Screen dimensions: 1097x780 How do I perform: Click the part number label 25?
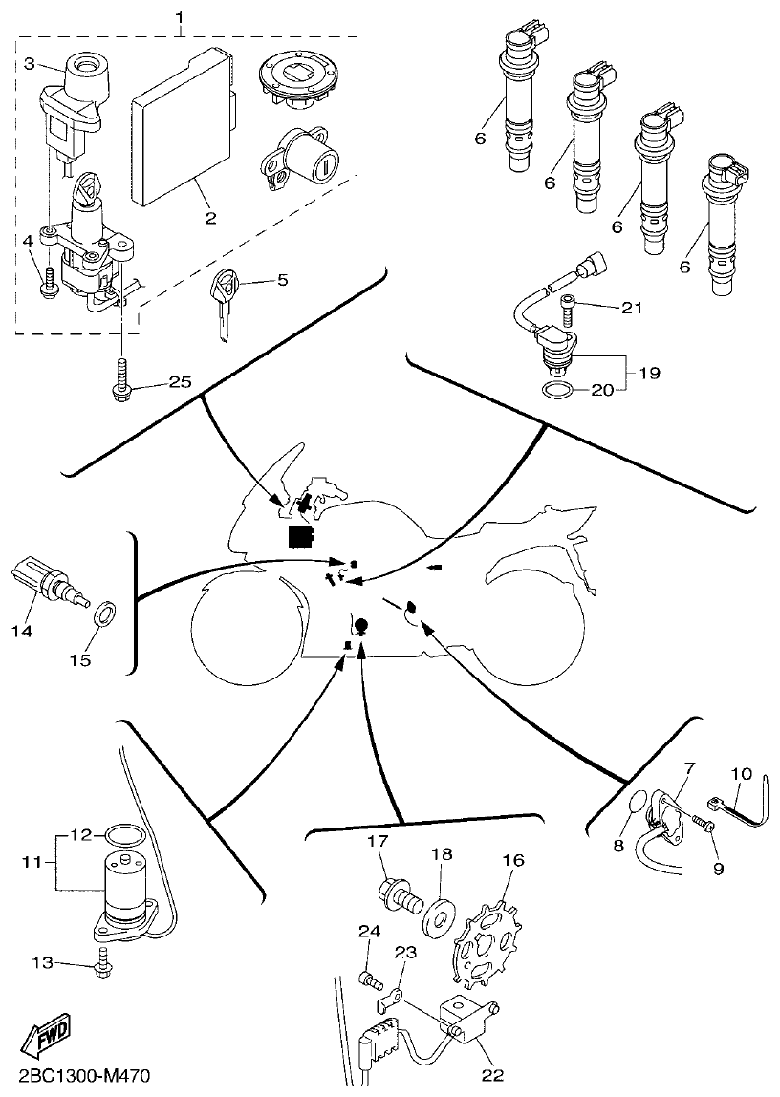(x=180, y=382)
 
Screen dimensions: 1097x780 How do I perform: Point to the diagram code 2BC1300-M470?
(x=84, y=1078)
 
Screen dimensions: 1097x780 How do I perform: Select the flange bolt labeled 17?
(x=399, y=897)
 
